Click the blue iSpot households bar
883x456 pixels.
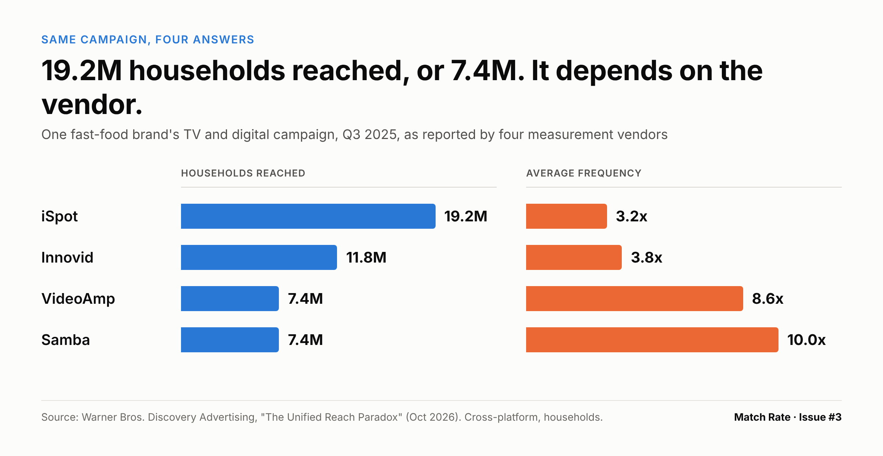point(308,216)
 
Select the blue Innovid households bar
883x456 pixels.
point(259,257)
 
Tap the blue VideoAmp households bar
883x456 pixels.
point(230,299)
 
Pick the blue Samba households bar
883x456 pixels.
point(230,340)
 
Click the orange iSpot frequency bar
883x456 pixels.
point(567,216)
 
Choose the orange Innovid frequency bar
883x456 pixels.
point(574,257)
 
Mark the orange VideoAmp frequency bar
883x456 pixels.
point(635,299)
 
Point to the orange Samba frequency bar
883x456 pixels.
point(652,340)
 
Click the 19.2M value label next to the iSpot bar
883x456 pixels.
point(466,216)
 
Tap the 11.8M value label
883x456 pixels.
point(366,257)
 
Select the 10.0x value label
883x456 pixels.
point(806,340)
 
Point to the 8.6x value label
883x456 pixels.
point(768,299)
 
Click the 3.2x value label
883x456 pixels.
point(632,216)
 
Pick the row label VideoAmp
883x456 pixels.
point(78,299)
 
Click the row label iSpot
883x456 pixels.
point(60,216)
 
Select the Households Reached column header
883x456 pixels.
point(243,173)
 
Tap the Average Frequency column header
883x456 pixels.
point(584,173)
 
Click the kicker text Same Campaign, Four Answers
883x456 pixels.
point(148,39)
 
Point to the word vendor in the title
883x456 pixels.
point(89,105)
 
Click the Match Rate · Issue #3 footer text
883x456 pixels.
point(788,417)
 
